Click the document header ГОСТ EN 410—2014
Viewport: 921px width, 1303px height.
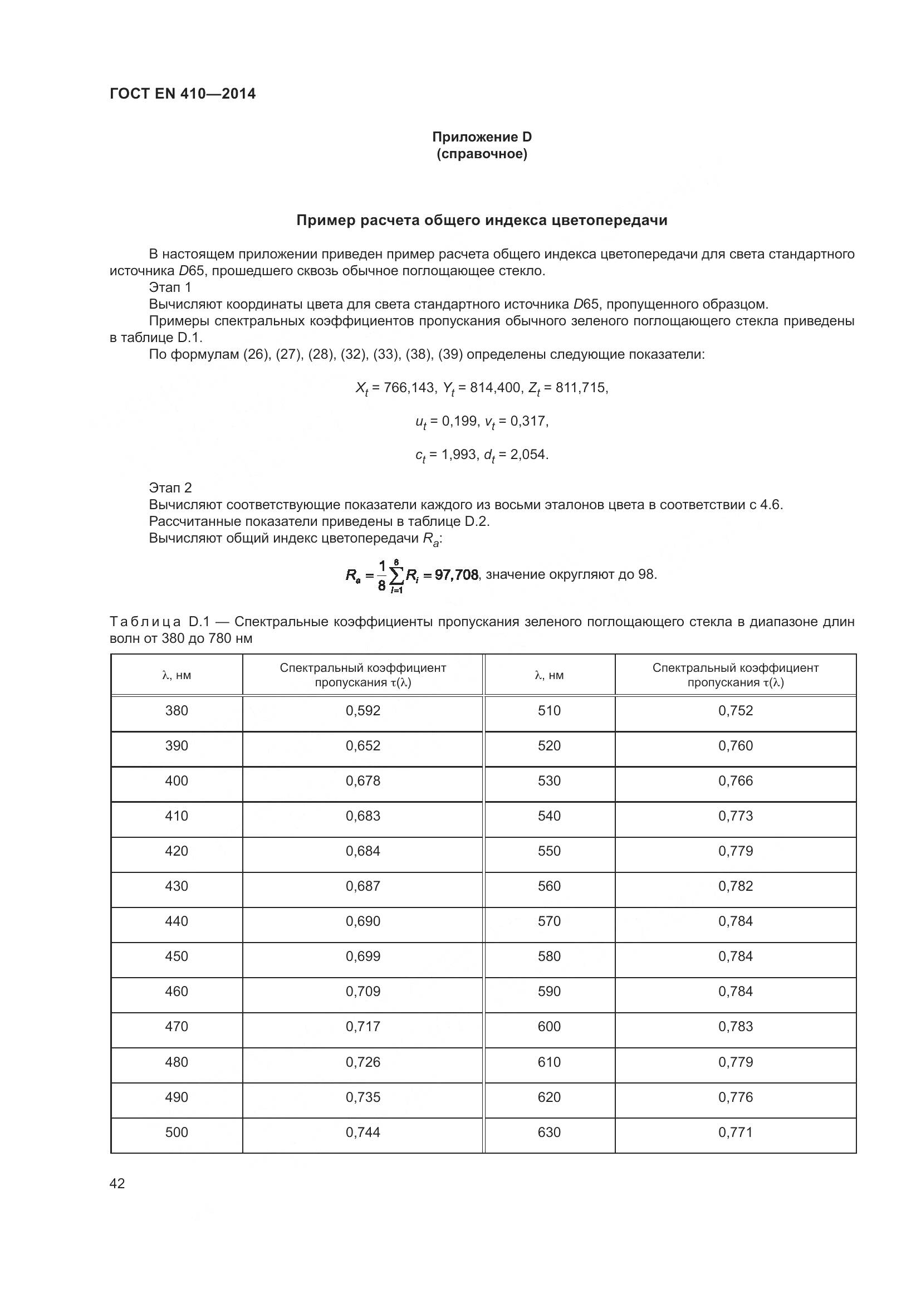click(183, 94)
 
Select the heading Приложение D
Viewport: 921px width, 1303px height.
click(482, 137)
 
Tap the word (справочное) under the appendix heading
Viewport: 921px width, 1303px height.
click(482, 154)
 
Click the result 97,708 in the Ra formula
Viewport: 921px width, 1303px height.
click(456, 575)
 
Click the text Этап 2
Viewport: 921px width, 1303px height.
click(170, 487)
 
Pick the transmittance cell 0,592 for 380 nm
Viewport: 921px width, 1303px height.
click(363, 710)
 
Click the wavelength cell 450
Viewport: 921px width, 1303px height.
click(177, 956)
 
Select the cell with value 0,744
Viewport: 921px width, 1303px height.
click(363, 1132)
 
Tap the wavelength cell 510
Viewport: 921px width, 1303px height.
click(549, 710)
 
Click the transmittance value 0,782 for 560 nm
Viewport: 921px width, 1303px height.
click(736, 886)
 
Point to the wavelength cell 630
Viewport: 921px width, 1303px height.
click(549, 1132)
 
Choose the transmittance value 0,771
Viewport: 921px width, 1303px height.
click(736, 1132)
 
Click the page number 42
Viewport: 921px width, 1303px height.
click(117, 1183)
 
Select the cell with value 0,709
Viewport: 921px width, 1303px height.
click(363, 992)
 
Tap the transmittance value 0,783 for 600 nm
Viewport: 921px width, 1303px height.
click(736, 1026)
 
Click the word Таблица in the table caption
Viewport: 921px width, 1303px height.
click(145, 622)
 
